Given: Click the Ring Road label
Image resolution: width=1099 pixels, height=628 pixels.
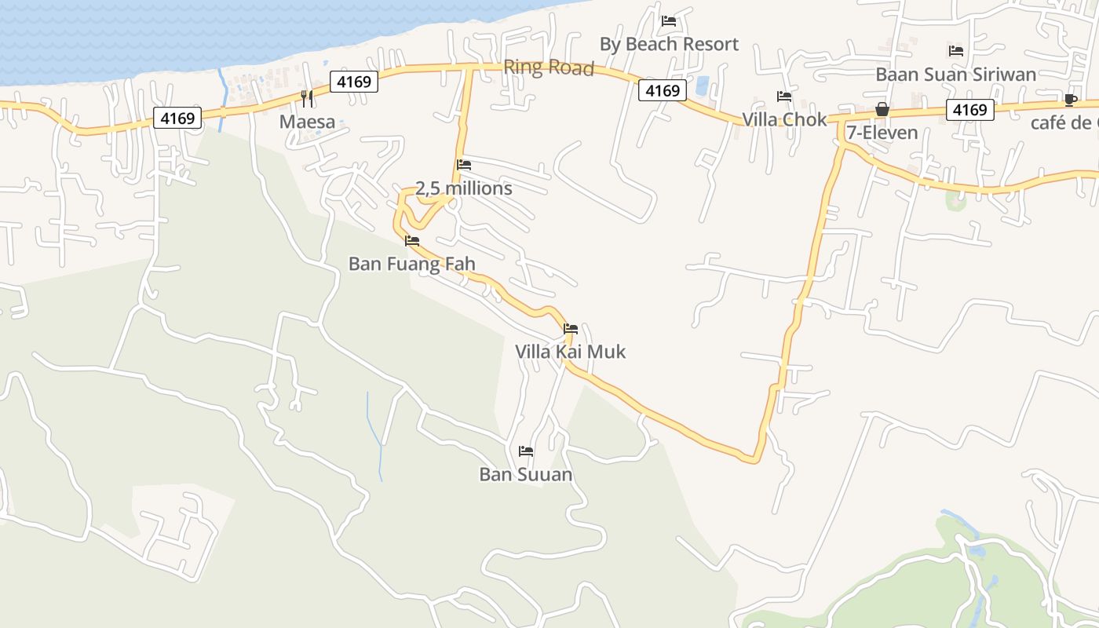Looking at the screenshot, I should [549, 68].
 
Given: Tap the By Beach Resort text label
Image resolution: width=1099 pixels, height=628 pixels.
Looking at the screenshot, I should [669, 45].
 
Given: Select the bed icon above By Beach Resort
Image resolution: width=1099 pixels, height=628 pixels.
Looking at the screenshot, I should [669, 20].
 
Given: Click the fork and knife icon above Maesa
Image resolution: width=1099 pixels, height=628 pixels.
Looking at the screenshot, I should [307, 98].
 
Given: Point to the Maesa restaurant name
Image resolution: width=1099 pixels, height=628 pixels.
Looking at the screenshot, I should [307, 122].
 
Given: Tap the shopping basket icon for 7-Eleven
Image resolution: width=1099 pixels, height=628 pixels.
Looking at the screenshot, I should [882, 109].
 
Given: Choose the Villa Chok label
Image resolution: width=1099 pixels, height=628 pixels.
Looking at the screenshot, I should [785, 120].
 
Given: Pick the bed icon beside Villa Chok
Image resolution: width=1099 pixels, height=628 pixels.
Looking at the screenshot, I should [784, 97].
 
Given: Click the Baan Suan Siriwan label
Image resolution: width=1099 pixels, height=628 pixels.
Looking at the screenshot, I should [955, 75].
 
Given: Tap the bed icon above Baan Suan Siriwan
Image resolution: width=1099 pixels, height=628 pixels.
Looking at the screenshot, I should [955, 51].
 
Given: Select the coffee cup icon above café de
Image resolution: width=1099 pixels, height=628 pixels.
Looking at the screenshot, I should [1070, 100].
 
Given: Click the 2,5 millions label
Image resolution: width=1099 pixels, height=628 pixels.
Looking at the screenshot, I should [463, 189].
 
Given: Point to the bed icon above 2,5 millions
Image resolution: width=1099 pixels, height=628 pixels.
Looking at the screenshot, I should [464, 165].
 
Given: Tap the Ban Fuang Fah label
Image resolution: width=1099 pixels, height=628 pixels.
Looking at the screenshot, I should [412, 265].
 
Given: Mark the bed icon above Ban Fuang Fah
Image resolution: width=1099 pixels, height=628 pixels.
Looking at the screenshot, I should [412, 241].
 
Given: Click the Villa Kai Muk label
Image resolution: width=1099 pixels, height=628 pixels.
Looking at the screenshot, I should [571, 352].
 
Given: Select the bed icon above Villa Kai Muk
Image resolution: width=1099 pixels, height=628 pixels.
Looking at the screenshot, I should [571, 329].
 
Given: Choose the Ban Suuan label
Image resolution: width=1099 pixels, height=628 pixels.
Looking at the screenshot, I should [526, 476].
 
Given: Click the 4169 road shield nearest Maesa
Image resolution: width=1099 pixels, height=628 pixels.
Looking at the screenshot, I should [354, 81].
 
